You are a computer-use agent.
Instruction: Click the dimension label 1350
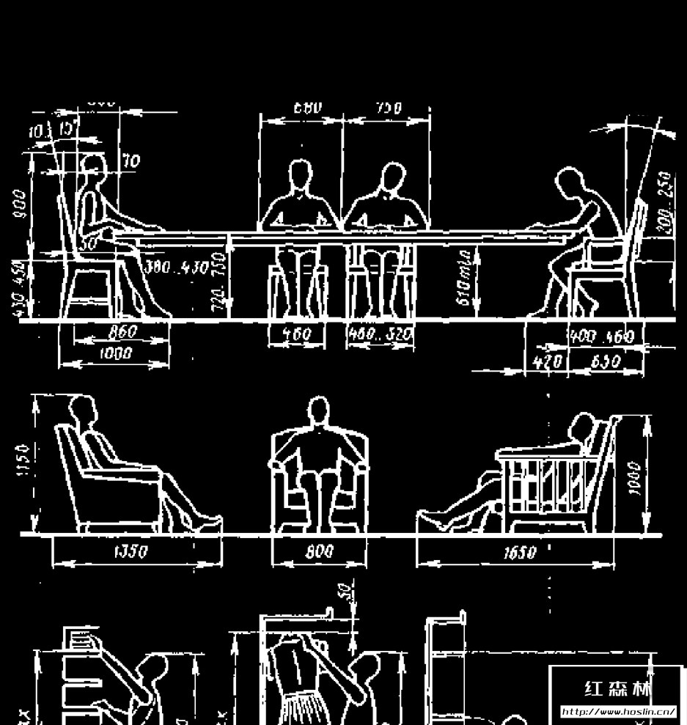coord(133,552)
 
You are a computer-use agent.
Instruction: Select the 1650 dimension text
coord(519,553)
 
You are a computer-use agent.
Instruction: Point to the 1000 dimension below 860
coord(115,353)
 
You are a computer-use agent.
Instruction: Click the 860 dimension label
coord(122,332)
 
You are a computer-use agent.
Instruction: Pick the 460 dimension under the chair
coord(297,335)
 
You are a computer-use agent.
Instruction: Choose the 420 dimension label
coord(547,361)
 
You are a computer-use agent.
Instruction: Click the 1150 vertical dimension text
coord(22,460)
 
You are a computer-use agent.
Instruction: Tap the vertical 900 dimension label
coord(20,205)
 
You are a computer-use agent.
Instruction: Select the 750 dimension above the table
coord(389,108)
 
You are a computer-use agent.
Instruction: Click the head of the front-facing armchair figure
coord(318,410)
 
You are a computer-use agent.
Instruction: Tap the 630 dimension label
coord(606,361)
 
